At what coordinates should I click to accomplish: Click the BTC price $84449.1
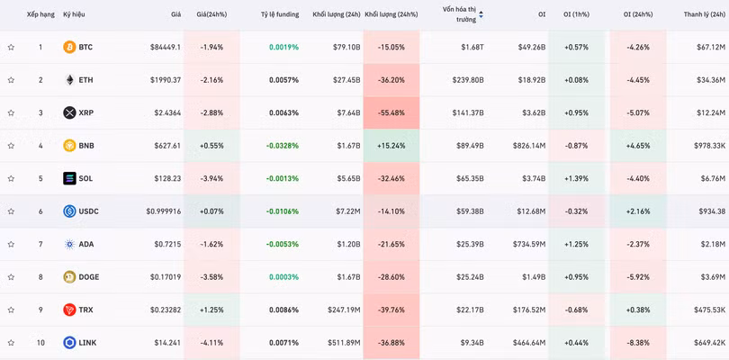(x=164, y=47)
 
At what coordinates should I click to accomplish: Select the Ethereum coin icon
(x=69, y=80)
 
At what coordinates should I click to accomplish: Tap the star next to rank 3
(x=11, y=113)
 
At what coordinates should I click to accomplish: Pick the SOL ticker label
(x=85, y=178)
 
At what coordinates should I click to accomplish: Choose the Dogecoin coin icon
(x=69, y=277)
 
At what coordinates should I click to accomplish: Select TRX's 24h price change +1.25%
(x=212, y=310)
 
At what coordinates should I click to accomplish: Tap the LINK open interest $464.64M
(x=526, y=343)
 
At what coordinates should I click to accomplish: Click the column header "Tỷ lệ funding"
(x=280, y=14)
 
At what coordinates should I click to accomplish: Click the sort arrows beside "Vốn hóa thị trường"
(x=481, y=14)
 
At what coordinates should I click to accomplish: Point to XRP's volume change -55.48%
(x=391, y=113)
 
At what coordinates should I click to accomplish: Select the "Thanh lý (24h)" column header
(x=704, y=14)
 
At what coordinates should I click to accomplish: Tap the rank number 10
(x=40, y=343)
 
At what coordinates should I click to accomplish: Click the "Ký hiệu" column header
(x=74, y=14)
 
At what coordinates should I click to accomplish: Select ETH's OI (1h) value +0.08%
(x=576, y=80)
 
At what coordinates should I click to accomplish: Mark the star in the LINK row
(x=11, y=343)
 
